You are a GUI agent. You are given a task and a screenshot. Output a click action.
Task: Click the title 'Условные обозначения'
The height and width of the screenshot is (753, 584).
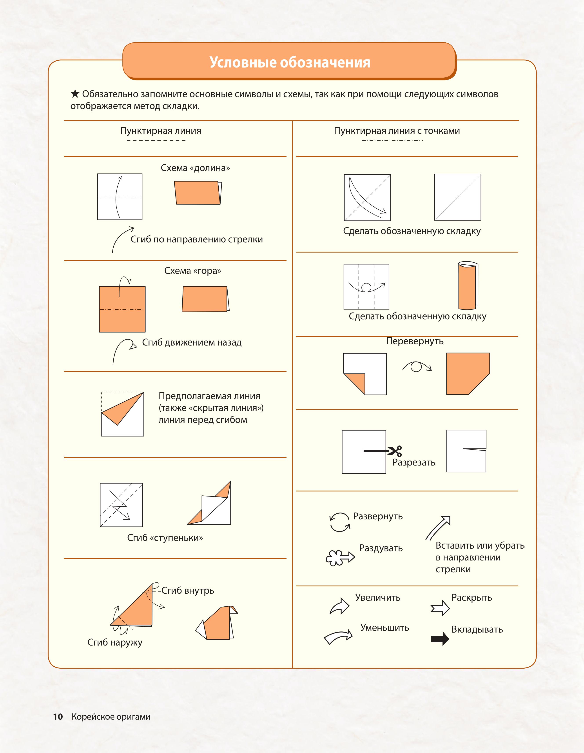pos(290,62)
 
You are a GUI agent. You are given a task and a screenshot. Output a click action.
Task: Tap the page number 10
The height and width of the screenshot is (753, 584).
pos(58,717)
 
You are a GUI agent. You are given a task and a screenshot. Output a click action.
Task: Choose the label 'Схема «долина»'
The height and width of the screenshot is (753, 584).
pos(195,168)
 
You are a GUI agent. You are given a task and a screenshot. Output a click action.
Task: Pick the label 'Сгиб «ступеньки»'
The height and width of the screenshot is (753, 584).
pos(165,538)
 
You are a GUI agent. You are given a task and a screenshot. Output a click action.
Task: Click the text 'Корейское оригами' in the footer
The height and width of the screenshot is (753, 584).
pos(111,717)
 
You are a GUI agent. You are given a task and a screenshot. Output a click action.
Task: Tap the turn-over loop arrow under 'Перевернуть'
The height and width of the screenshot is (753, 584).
pos(417,366)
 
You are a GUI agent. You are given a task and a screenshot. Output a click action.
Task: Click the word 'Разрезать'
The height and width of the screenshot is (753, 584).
pos(414,463)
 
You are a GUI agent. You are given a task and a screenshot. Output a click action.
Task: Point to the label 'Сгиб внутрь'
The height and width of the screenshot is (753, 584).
pos(188,591)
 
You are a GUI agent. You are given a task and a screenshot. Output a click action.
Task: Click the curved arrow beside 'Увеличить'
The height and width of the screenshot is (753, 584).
pos(340,606)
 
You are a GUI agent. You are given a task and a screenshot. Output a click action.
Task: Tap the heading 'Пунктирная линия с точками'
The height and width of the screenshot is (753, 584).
pos(397,131)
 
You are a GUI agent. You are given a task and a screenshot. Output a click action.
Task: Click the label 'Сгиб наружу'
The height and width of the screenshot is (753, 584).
pos(115,642)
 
